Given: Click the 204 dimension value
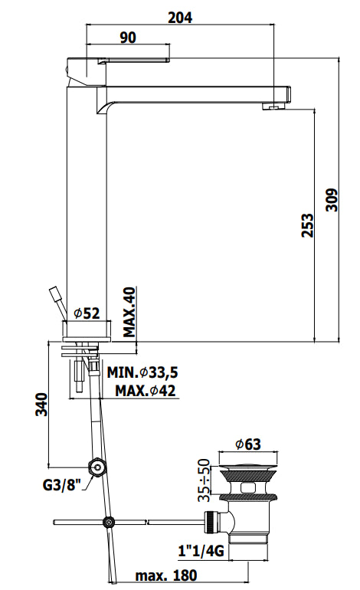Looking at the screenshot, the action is pos(180,18).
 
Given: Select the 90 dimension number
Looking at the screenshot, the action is pos(128,38).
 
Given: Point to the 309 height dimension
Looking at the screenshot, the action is pos(332,200).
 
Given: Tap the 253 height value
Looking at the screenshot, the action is pos(307,225).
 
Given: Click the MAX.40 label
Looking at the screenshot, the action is pos(129,312).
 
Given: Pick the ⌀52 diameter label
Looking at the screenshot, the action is pos(87,313).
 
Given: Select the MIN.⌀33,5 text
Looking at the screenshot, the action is pos(142,372).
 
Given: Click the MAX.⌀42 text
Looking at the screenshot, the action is pos(146,391).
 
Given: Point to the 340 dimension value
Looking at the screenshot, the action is pos(42,405).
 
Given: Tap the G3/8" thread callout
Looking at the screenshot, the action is pos(62,484).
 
